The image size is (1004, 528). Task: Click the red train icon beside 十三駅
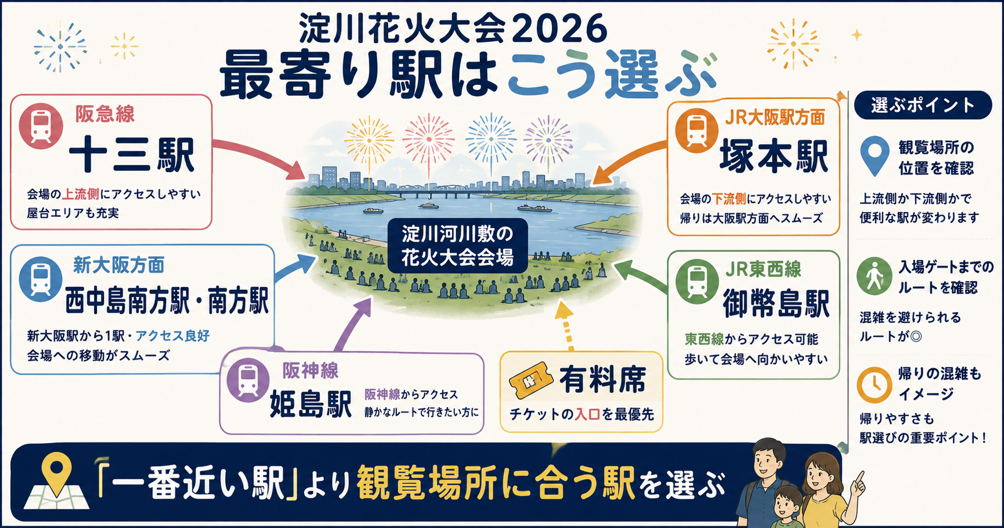coord(41,125)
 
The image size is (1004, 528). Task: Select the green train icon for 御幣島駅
coord(697,282)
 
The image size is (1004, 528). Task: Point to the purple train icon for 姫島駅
coord(248,380)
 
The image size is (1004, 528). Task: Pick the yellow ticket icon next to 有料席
coord(529,380)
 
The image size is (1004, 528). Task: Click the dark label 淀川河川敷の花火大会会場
coord(458,246)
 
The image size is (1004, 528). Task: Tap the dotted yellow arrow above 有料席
coord(566,325)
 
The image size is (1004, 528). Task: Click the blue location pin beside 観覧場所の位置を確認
coord(875,155)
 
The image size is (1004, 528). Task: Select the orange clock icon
coord(875,385)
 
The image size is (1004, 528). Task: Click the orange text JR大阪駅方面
coord(775,117)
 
